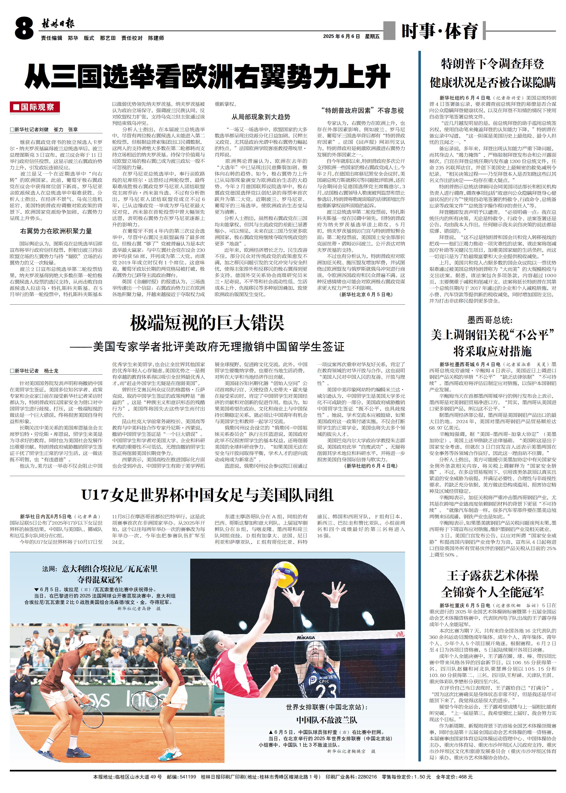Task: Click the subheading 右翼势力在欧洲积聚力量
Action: coord(56,231)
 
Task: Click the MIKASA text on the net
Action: coord(306,637)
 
